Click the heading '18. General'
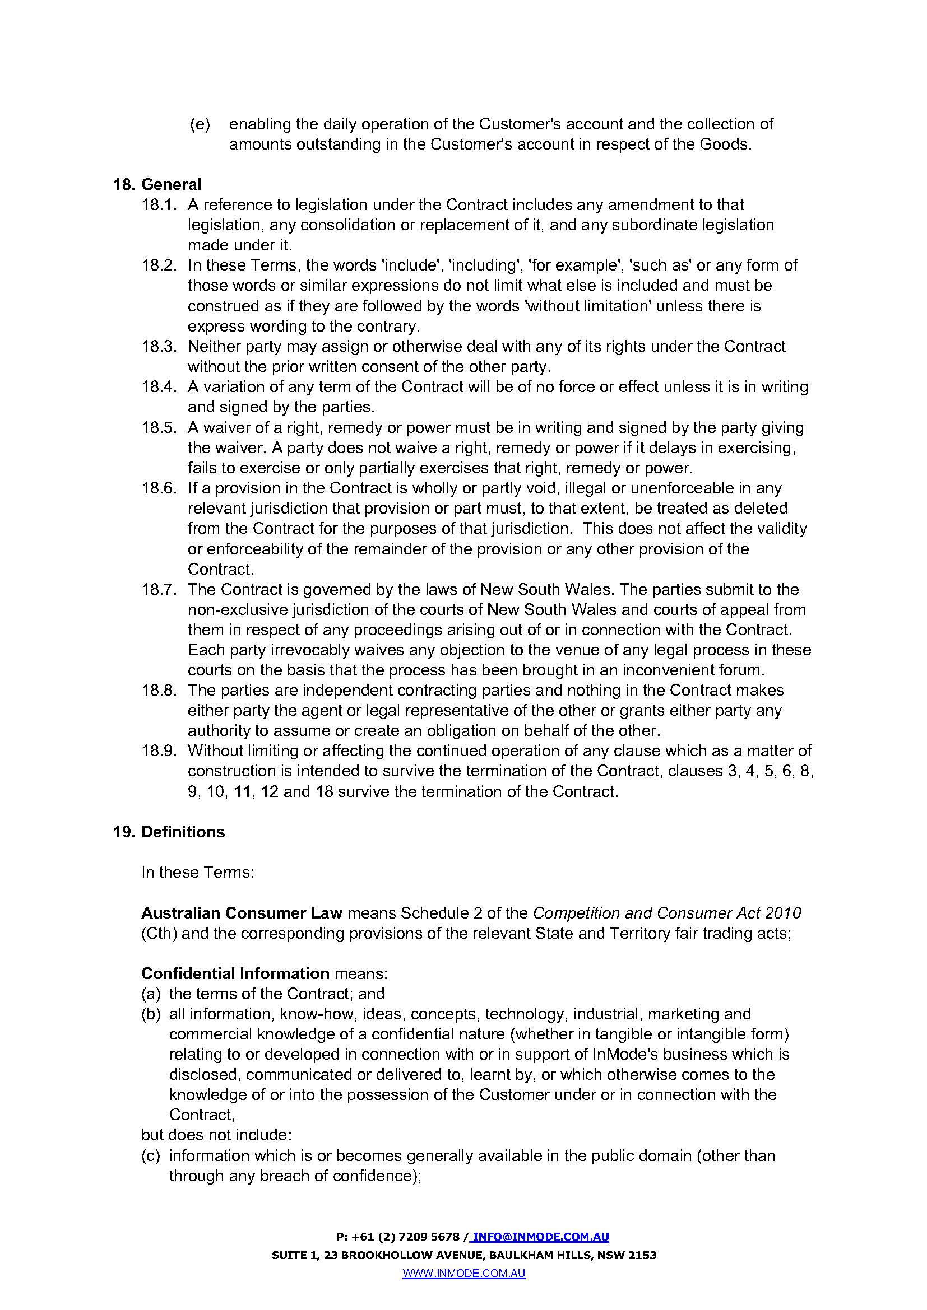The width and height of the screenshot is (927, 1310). [157, 184]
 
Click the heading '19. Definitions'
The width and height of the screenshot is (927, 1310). [169, 832]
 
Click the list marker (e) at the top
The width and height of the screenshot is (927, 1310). [200, 124]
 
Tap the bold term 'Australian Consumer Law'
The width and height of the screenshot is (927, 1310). [242, 913]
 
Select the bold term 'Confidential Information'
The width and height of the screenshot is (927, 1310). [235, 973]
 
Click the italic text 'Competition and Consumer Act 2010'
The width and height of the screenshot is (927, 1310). [667, 913]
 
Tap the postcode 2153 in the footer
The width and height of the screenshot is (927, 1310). [643, 1255]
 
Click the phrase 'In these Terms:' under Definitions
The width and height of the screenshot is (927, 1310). [197, 873]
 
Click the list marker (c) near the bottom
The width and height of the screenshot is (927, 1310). [150, 1155]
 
